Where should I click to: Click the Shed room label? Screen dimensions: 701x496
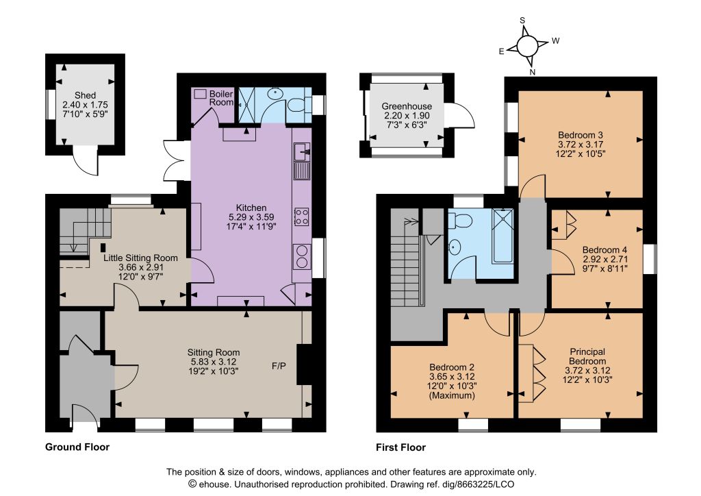[x=85, y=95]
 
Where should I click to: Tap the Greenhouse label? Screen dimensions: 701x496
[x=407, y=106]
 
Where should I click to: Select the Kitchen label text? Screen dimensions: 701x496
[x=251, y=208]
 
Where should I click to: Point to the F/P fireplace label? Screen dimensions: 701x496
[x=279, y=367]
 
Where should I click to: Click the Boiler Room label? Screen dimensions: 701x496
[x=221, y=98]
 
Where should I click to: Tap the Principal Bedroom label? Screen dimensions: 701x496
[x=587, y=356]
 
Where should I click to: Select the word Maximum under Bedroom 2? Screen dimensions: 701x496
[x=452, y=396]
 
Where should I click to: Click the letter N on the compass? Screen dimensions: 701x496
[x=533, y=71]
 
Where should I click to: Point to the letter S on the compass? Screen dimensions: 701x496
[x=522, y=20]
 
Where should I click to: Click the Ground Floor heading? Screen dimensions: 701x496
[x=77, y=447]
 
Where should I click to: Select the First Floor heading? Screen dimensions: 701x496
[x=400, y=447]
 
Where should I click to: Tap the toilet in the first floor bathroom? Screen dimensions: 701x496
[x=459, y=220]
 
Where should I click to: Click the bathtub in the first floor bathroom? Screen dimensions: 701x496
[x=502, y=235]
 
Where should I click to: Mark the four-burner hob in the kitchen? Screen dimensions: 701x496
[x=301, y=216]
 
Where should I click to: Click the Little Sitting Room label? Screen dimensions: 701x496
[x=140, y=258]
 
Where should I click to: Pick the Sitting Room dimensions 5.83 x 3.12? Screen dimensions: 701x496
[x=213, y=362]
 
